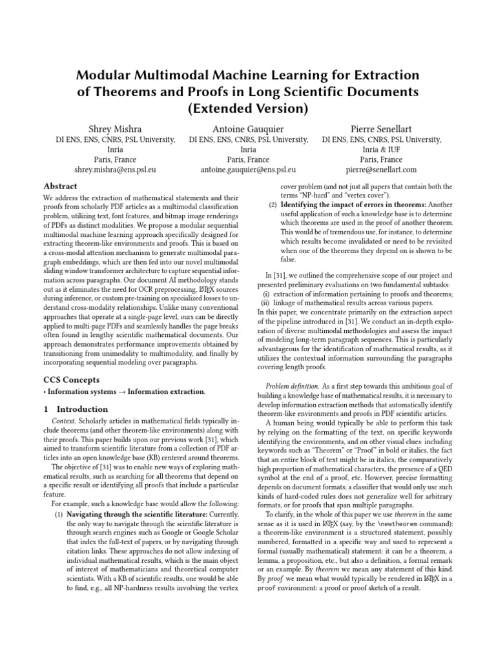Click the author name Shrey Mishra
[116, 128]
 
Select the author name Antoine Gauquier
[248, 128]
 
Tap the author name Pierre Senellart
[381, 128]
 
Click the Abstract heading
[60, 186]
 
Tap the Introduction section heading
[82, 409]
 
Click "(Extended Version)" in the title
[248, 107]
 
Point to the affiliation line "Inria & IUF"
[381, 150]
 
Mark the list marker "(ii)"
[265, 303]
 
